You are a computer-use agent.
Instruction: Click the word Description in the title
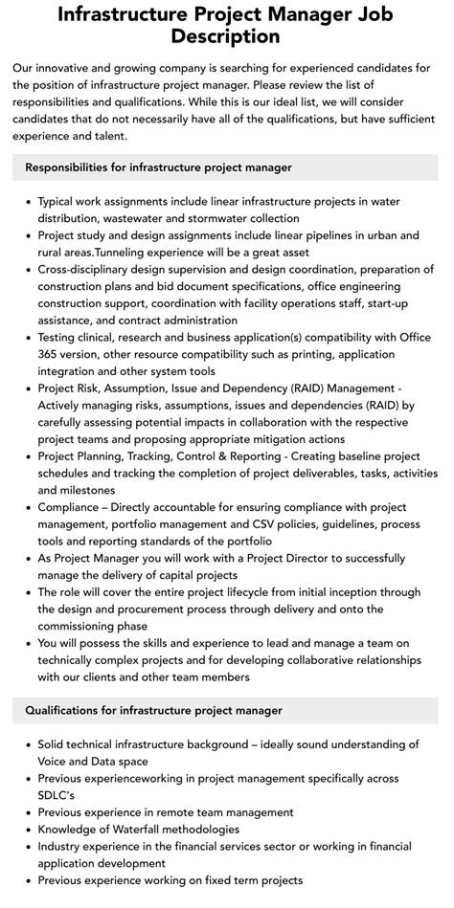tap(226, 36)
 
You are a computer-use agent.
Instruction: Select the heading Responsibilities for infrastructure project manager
tap(158, 167)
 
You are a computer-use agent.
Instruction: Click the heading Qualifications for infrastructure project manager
tap(153, 710)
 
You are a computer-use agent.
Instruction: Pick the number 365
tap(52, 356)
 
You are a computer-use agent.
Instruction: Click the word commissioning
tap(84, 626)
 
